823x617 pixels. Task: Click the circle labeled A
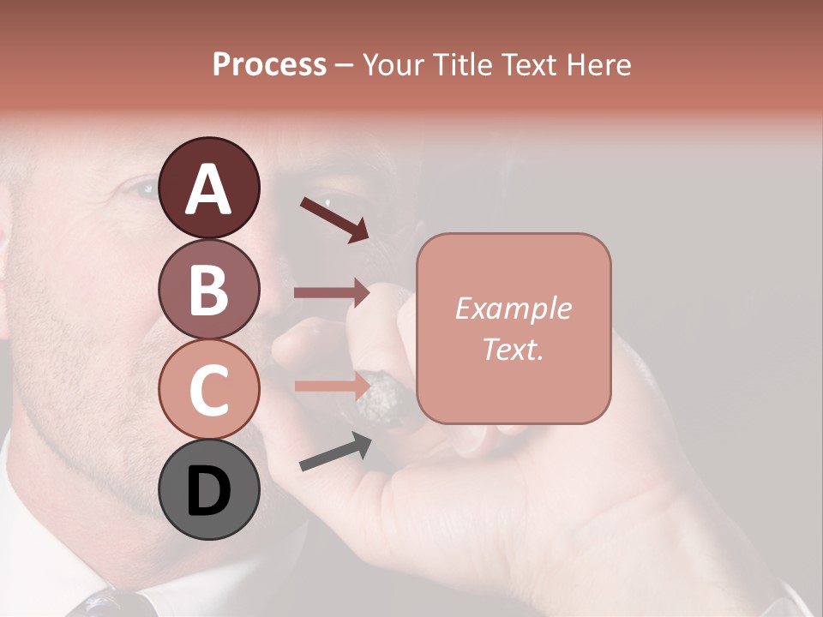[209, 188]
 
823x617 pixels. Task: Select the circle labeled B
[209, 289]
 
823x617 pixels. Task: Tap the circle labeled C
[209, 389]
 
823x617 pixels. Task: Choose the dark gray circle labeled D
[209, 490]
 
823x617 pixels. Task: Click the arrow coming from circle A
[334, 219]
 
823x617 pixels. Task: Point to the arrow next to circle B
[332, 293]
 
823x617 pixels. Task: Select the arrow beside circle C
[332, 386]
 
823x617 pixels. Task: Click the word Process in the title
[269, 65]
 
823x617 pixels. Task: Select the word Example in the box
[514, 308]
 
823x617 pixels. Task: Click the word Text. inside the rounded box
[514, 349]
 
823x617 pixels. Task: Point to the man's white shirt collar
[34, 531]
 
